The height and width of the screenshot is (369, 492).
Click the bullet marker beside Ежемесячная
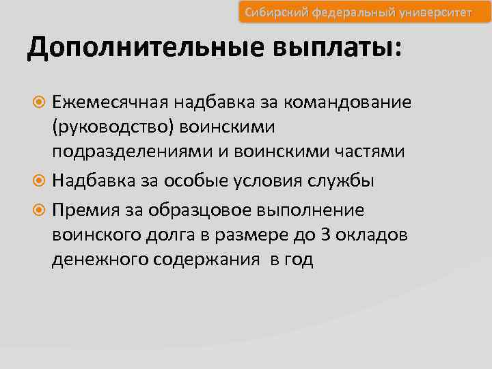point(40,103)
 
